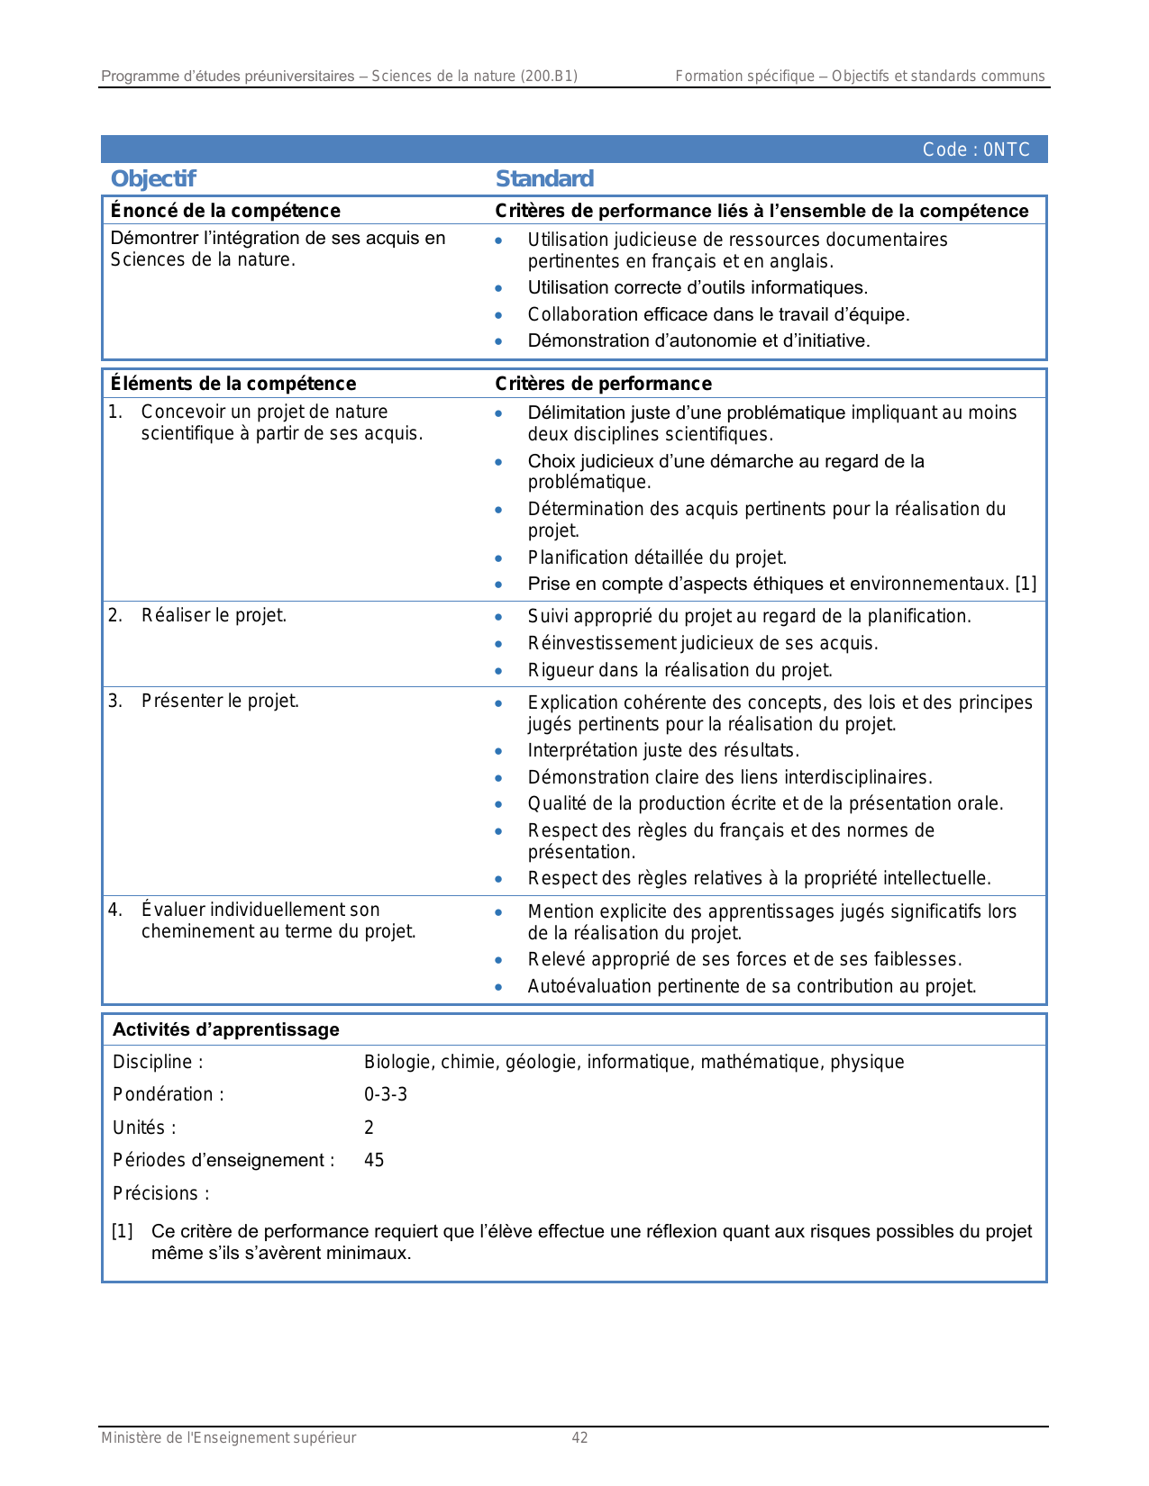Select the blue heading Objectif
pos(153,178)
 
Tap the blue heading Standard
pos(544,178)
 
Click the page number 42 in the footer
pos(579,1437)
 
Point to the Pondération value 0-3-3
pos(386,1094)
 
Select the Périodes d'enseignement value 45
pos(374,1160)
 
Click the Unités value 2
pos(369,1128)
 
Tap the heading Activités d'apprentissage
pos(226,1029)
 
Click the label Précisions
pos(160,1193)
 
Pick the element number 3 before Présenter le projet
pos(114,701)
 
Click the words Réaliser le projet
pos(214,615)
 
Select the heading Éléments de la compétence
pos(233,384)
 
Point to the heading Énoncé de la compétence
pos(225,211)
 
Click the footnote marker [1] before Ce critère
pos(123,1231)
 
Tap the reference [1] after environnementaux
pos(1026,584)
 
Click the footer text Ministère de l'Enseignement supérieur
pos(228,1437)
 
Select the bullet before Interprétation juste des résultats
pos(498,751)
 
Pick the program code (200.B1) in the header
pos(549,76)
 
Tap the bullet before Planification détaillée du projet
pos(498,558)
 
